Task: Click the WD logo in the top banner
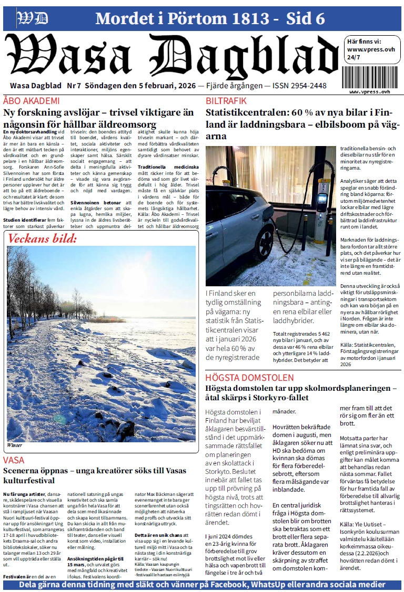pos(33,19)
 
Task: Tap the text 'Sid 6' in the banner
pos(306,19)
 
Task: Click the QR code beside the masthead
pos(370,76)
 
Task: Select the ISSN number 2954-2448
pos(304,86)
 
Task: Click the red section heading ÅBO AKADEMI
pos(31,100)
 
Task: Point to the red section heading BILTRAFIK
pos(226,100)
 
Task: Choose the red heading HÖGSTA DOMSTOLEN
pos(249,377)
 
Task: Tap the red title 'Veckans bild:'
pos(43,239)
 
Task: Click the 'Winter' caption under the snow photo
pos(15,445)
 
